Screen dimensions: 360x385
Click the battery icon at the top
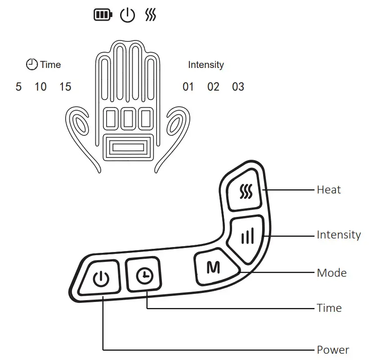[103, 16]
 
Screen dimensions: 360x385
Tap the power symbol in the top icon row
[127, 16]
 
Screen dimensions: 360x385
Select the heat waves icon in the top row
[151, 16]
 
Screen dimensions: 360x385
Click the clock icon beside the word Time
[32, 64]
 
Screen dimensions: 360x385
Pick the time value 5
[18, 86]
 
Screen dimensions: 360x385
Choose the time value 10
[40, 86]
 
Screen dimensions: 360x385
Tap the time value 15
[65, 86]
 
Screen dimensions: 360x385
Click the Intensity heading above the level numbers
[206, 65]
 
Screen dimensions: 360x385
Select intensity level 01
[188, 86]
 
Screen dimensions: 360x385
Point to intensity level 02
[213, 86]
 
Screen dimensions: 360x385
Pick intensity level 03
[238, 86]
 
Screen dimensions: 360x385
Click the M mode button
[213, 268]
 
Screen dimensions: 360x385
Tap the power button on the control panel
[100, 279]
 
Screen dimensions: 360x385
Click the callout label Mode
[331, 273]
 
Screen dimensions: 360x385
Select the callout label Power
[333, 350]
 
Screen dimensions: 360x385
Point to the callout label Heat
[329, 190]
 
